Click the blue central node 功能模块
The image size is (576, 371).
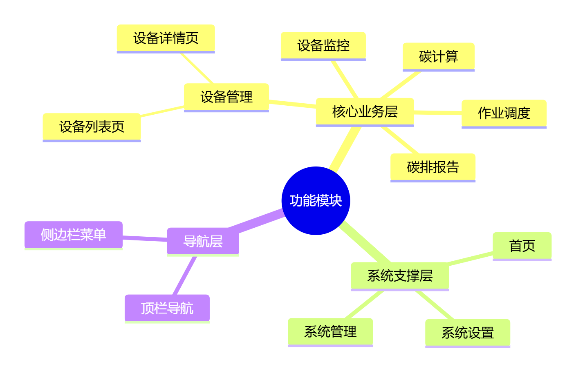point(316,200)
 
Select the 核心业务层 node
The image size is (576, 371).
point(365,111)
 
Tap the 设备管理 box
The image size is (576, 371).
point(226,97)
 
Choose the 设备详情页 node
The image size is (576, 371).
point(166,38)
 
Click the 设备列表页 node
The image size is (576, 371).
point(92,127)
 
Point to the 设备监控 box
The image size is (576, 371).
point(323,46)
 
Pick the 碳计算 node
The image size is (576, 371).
point(438,56)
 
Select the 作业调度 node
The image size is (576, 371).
point(504,113)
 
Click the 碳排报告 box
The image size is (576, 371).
point(433,167)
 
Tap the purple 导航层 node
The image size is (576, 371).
point(203,241)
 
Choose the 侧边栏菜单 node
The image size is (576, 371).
point(73,235)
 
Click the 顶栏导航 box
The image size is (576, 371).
point(167,308)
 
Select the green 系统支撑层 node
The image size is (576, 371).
point(399,276)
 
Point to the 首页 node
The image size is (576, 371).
point(522,246)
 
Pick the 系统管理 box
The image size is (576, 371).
point(330,332)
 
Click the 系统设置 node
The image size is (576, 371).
point(467,333)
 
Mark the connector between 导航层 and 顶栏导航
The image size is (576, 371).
point(185,275)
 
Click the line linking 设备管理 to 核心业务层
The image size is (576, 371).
point(292,104)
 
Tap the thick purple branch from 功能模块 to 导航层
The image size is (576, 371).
point(257,222)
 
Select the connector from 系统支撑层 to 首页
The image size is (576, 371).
point(471,258)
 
